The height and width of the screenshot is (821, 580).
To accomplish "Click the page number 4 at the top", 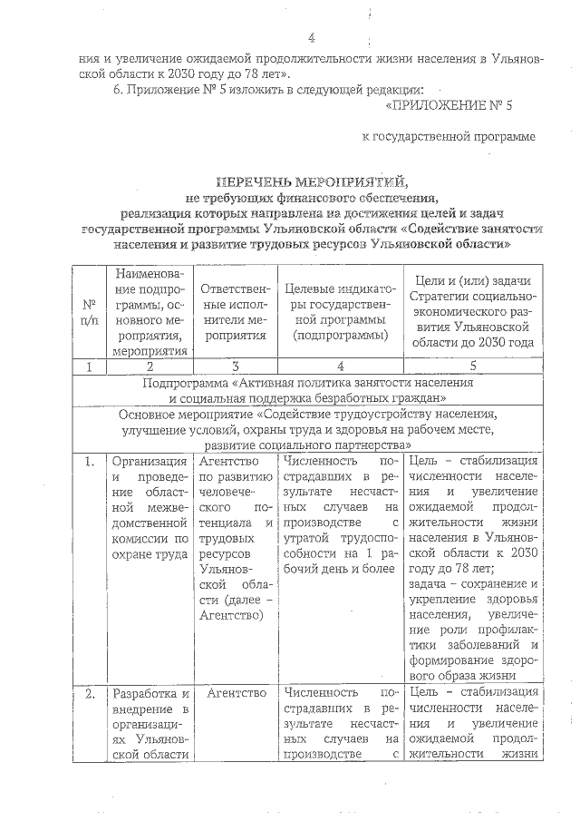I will pyautogui.click(x=311, y=38).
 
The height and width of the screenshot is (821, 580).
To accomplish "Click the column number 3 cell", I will pyautogui.click(x=234, y=367).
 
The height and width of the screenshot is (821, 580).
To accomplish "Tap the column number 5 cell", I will pyautogui.click(x=475, y=367).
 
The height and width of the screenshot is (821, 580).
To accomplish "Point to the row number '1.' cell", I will pyautogui.click(x=90, y=463).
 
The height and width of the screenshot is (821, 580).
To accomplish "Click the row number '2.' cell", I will pyautogui.click(x=90, y=694).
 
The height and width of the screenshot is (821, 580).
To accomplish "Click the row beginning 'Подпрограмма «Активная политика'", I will pyautogui.click(x=307, y=390).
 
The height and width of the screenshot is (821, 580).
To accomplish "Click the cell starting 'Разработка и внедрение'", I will pyautogui.click(x=150, y=723).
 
